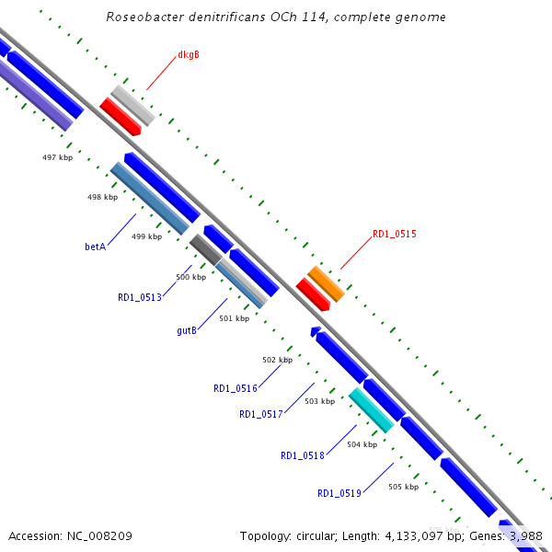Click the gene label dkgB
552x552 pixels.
pos(189,54)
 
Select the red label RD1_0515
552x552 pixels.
pos(394,235)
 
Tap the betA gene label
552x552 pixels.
pos(96,247)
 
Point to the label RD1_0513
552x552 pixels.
pos(140,297)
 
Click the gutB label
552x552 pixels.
pos(187,330)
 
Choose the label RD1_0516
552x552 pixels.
pos(236,389)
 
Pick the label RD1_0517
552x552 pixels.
pos(261,415)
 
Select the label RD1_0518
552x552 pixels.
pos(303,455)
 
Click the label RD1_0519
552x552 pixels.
pos(339,494)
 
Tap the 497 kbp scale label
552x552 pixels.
pos(57,157)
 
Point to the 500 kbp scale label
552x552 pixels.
pos(190,277)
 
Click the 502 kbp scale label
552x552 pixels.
pos(277,360)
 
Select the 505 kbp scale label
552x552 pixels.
pos(403,487)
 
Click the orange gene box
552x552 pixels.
pos(326,283)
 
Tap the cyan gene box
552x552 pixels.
pos(372,409)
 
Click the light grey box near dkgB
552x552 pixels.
pos(132,106)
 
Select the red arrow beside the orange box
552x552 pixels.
pos(313,294)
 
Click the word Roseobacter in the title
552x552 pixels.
pos(140,17)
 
